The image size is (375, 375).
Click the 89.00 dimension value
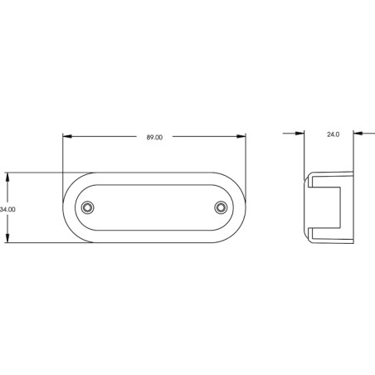click(x=154, y=138)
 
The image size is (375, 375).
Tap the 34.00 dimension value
click(x=7, y=210)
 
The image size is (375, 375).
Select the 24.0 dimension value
click(x=333, y=134)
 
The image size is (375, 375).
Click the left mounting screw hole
click(x=87, y=207)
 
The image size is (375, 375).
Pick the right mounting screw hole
click(x=221, y=207)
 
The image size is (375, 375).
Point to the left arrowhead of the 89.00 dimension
click(x=67, y=136)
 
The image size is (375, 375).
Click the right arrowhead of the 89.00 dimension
click(x=241, y=136)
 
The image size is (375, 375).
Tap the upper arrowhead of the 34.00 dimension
click(x=7, y=178)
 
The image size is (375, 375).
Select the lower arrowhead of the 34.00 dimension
click(x=7, y=238)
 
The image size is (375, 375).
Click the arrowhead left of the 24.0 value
click(x=300, y=134)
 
